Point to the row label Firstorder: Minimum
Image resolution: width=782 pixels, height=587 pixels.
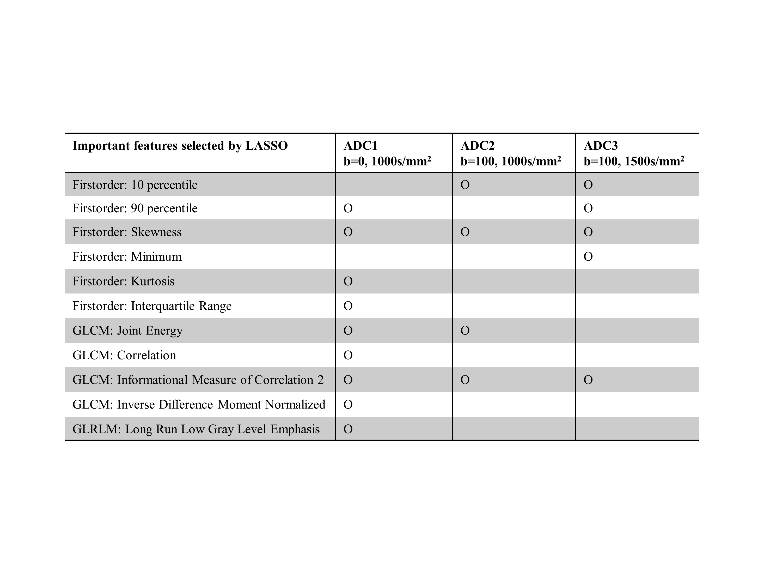(x=127, y=256)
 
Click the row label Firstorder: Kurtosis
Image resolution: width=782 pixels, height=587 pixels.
(x=123, y=281)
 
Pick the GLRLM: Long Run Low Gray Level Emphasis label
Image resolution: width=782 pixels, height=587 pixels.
(x=196, y=429)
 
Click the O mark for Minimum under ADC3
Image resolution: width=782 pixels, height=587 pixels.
(x=588, y=256)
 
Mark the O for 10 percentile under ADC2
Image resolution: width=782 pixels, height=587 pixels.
(x=465, y=185)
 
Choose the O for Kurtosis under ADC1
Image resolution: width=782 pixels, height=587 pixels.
(x=348, y=281)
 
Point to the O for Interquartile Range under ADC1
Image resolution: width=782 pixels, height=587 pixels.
(x=348, y=306)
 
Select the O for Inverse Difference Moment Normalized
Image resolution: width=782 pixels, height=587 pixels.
(x=348, y=404)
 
